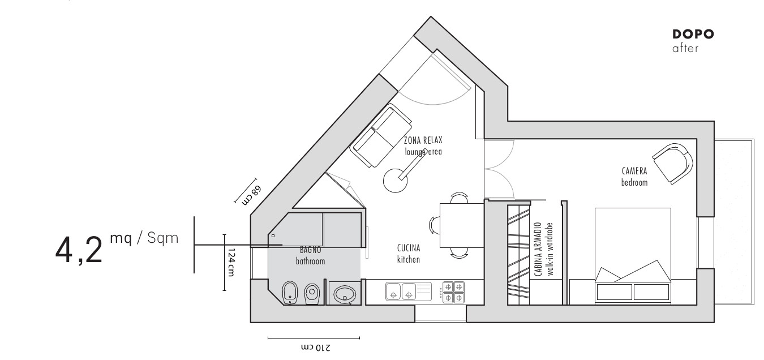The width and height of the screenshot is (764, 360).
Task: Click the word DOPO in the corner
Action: click(x=693, y=34)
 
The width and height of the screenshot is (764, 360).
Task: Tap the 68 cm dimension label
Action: click(x=251, y=195)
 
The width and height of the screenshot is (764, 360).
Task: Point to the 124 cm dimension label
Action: click(x=231, y=262)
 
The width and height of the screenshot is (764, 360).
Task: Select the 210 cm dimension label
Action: click(x=316, y=348)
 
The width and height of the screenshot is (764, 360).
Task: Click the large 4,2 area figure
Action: click(x=79, y=251)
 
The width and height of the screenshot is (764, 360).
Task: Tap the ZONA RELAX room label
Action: click(x=423, y=140)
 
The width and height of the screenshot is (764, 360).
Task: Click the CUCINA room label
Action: click(x=409, y=248)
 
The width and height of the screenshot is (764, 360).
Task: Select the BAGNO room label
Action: click(x=310, y=250)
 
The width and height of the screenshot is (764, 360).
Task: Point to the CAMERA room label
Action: click(x=634, y=171)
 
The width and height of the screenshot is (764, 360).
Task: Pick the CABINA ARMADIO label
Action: click(x=538, y=249)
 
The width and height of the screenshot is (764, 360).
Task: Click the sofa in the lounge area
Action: click(x=381, y=135)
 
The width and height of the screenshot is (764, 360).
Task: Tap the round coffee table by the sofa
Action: click(x=395, y=181)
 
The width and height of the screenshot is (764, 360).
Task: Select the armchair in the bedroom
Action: click(x=672, y=164)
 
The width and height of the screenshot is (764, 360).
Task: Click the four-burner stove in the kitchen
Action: click(x=454, y=292)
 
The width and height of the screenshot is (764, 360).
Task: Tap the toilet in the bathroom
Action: click(x=312, y=293)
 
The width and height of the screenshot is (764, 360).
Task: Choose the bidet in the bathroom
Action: click(x=290, y=293)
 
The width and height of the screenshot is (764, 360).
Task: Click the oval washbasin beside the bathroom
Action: click(x=345, y=294)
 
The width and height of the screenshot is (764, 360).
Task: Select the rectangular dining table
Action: click(x=462, y=225)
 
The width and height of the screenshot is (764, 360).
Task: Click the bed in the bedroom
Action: click(x=633, y=256)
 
